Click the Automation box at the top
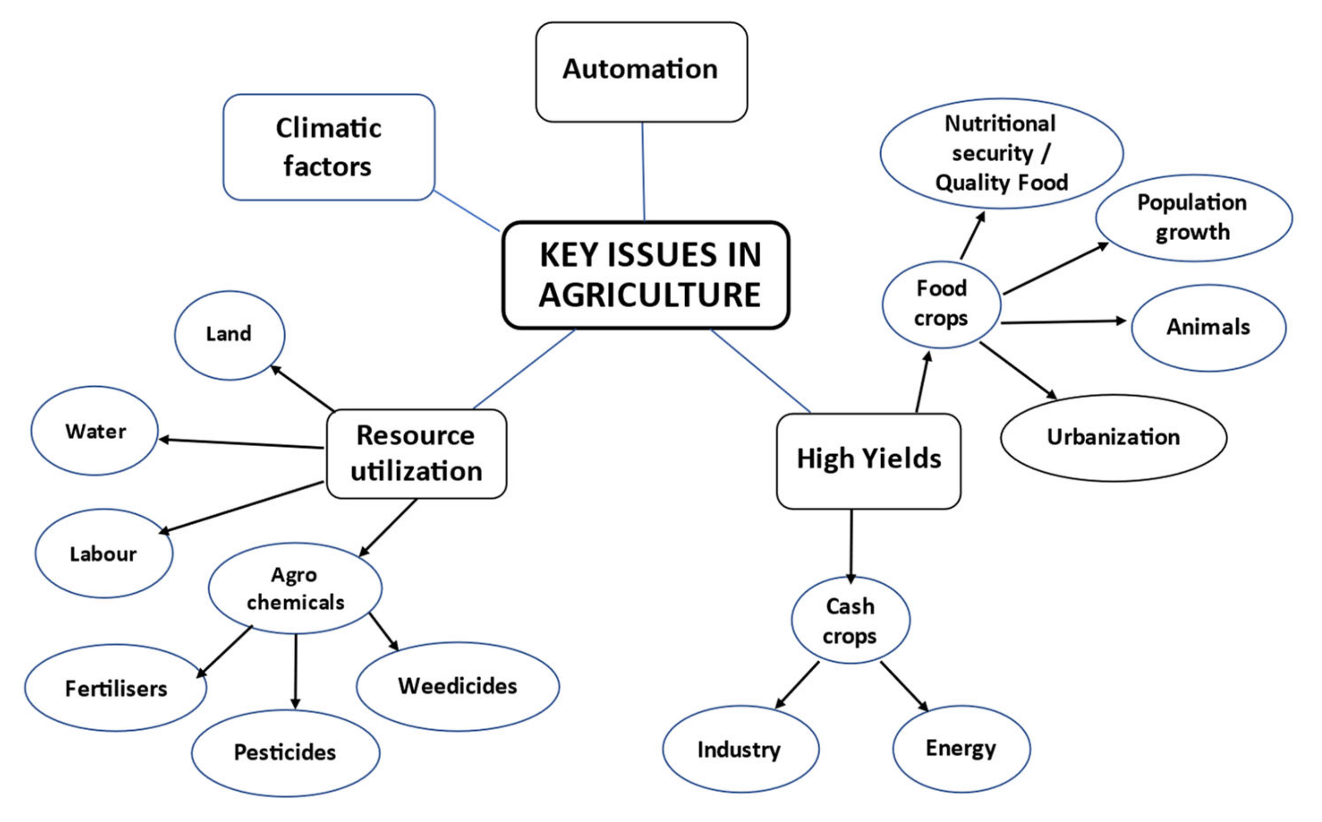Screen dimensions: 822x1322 coord(641,71)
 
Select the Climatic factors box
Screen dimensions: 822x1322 coord(328,147)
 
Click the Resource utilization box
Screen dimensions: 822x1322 coord(416,453)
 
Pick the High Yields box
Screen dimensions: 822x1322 coord(868,460)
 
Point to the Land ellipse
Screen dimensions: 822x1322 coord(229,334)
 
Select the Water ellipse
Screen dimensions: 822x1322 coord(95,431)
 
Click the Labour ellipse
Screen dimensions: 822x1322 coord(104,553)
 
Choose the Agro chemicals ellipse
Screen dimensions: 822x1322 coord(295,588)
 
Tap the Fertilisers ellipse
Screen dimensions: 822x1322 coord(116,688)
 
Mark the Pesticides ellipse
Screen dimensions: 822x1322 coord(285,753)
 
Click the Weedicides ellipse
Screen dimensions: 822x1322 coord(457,686)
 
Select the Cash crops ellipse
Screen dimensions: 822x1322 coord(850,620)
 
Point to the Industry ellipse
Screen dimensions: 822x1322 coord(740,749)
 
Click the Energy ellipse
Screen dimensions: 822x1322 coord(961,748)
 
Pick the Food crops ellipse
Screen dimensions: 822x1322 coord(941,304)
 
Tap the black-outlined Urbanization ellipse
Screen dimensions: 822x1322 coord(1113,438)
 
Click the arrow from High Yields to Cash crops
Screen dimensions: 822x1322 coord(851,544)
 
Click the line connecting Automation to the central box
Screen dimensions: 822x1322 coord(643,171)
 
